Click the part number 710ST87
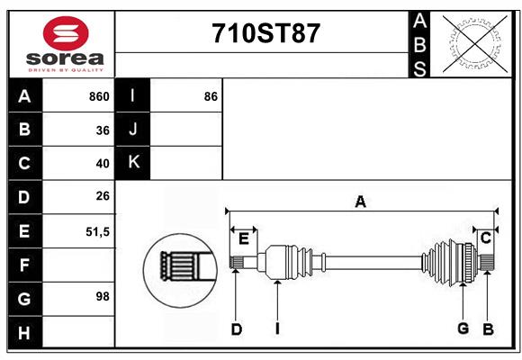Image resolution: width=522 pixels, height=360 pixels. click(265, 33)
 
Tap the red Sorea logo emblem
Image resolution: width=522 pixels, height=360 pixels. click(66, 33)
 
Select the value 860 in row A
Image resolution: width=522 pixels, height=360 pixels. click(99, 96)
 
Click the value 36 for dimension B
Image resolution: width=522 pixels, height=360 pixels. click(103, 130)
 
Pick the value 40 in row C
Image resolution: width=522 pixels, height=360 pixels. click(103, 164)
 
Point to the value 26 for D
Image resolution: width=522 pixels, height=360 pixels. click(103, 196)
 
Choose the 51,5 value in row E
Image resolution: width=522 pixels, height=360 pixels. click(97, 232)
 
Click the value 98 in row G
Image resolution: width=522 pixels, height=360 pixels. click(103, 296)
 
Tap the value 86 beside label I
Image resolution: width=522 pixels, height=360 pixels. click(211, 96)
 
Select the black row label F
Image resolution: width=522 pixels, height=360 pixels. click(25, 265)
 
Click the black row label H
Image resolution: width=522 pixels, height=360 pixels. click(25, 332)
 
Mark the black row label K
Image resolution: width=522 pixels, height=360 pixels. click(133, 163)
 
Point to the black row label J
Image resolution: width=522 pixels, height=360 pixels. click(133, 129)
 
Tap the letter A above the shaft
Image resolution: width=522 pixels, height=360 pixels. click(361, 202)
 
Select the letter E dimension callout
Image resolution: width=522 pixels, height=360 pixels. click(244, 238)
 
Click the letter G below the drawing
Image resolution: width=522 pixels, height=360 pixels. click(463, 328)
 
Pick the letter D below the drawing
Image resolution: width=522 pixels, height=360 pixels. click(237, 329)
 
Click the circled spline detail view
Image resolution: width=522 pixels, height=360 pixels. click(180, 270)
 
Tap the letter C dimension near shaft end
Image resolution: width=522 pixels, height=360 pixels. click(486, 238)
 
